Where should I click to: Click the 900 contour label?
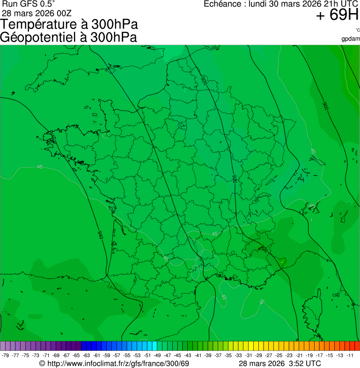click(x=325, y=106)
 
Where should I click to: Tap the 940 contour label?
click(x=100, y=235)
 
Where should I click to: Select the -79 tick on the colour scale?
click(x=6, y=356)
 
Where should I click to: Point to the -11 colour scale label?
click(x=350, y=356)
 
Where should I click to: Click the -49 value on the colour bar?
click(x=158, y=356)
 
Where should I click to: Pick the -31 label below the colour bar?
click(x=249, y=356)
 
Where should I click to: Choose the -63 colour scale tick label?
click(x=87, y=356)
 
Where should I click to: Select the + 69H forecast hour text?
click(x=337, y=15)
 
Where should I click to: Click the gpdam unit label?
click(x=351, y=38)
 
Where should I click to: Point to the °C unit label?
click(x=357, y=30)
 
